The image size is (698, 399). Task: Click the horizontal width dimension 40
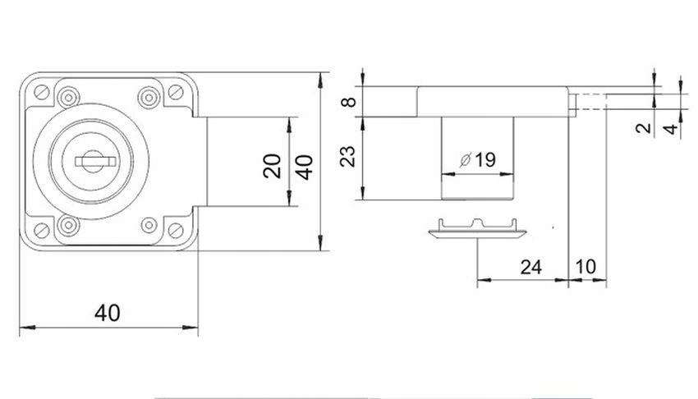click(x=108, y=313)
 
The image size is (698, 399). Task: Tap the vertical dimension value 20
click(x=273, y=166)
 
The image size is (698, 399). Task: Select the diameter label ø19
click(x=478, y=160)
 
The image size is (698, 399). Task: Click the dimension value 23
click(x=348, y=156)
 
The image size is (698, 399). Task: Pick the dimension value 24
click(x=531, y=268)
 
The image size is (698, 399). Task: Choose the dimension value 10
click(x=585, y=267)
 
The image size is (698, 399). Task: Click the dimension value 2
click(x=643, y=129)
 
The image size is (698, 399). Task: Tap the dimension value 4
click(x=670, y=129)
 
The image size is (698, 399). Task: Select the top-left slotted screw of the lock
click(x=42, y=92)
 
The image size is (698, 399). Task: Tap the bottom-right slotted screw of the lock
click(x=176, y=231)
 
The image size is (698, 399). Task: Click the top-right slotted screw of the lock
click(x=176, y=92)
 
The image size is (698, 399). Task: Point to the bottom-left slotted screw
click(x=42, y=231)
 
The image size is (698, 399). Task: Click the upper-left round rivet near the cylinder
click(x=68, y=97)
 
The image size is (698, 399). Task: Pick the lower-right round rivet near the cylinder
click(x=149, y=225)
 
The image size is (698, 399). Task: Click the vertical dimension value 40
click(x=305, y=167)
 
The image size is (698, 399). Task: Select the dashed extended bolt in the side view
click(x=588, y=102)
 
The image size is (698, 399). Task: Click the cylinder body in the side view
click(x=477, y=158)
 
